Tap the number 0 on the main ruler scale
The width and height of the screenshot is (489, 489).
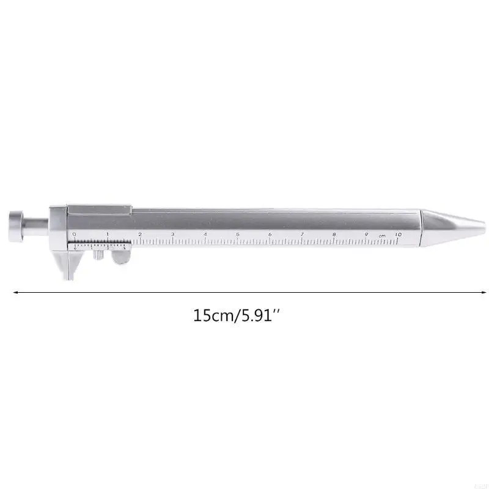pos(74,234)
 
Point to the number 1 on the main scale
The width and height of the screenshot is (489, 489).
pos(107,234)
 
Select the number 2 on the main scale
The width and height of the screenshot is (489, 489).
pos(140,234)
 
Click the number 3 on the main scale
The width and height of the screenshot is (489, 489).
pos(172,234)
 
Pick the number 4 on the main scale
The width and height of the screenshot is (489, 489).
pos(205,234)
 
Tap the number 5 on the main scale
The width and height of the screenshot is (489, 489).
pos(237,234)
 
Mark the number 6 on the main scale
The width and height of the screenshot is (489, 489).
pos(270,234)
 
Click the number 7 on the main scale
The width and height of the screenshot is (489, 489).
pos(302,234)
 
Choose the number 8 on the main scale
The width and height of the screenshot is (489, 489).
pos(334,234)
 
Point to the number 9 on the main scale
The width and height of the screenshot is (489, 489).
pos(366,234)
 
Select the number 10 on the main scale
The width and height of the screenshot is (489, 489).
pos(398,234)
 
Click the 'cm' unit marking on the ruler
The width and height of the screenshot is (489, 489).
pos(381,235)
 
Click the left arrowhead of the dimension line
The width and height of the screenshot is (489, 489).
pos(15,292)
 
